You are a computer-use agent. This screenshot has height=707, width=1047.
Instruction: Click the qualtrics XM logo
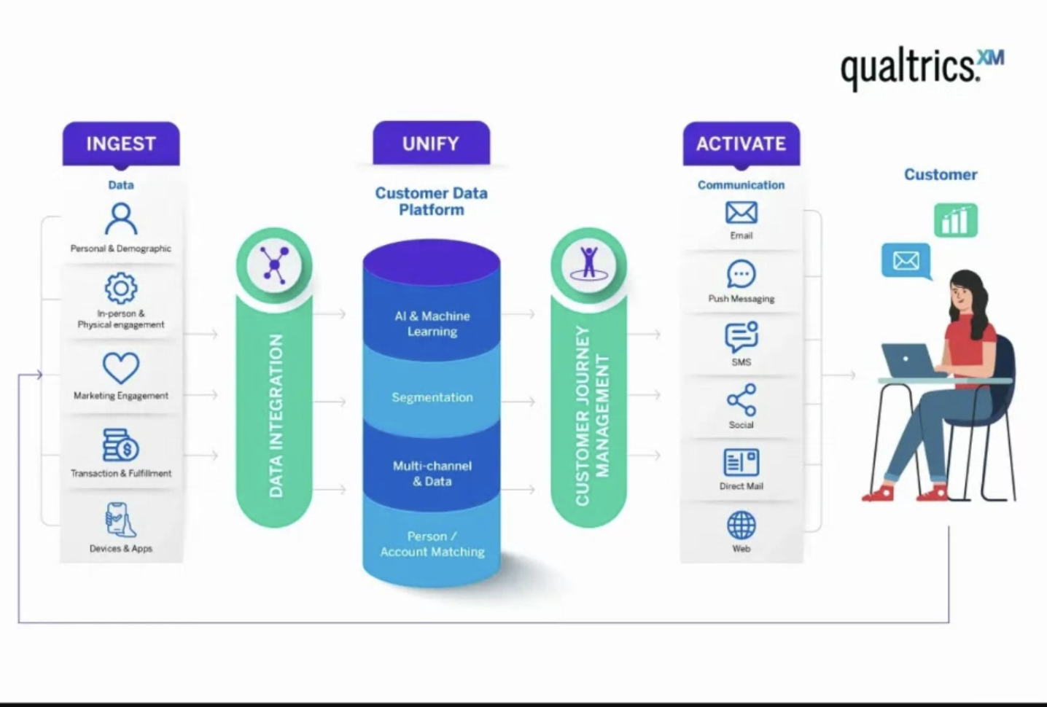coord(922,68)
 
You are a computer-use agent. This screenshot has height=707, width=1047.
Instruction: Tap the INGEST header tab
coord(121,144)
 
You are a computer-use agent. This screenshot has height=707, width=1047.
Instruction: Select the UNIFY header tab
coord(431,144)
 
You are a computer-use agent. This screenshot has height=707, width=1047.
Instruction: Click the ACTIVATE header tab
coord(741,144)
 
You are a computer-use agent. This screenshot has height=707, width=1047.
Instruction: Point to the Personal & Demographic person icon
coord(121,219)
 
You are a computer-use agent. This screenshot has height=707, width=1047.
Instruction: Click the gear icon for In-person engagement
coord(121,289)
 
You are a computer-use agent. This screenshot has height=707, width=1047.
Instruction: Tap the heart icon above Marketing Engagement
coord(121,367)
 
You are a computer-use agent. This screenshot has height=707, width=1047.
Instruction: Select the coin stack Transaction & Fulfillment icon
coord(121,445)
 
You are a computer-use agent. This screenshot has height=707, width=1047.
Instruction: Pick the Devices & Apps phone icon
coord(120,520)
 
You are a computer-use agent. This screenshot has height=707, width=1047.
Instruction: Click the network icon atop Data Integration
coord(274,264)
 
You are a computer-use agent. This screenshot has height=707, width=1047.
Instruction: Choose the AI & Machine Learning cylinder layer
coord(432,324)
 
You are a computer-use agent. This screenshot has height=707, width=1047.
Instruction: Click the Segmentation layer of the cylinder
coord(432,397)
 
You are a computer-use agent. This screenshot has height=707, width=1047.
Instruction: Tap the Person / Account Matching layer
coord(432,544)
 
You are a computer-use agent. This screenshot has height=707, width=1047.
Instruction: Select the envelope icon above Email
coord(742,213)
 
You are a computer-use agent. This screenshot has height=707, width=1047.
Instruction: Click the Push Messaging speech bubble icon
coord(742,275)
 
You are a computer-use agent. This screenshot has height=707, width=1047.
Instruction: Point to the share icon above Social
coord(742,400)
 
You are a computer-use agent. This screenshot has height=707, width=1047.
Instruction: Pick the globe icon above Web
coord(742,525)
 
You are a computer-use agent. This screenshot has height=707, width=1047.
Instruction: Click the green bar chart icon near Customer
coord(955,220)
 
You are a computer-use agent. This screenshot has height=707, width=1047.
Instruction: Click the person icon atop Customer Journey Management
coord(589,263)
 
